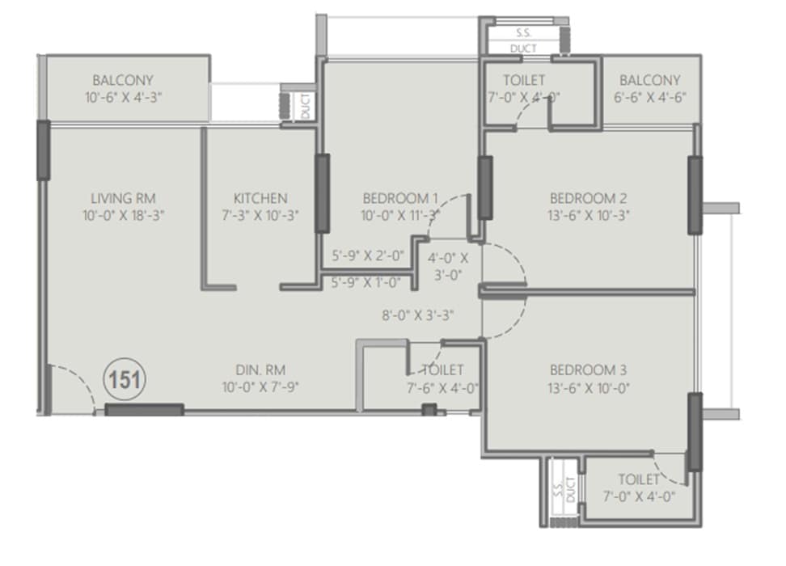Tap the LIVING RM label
(x=123, y=198)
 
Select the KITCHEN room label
(x=260, y=198)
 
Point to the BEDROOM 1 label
(x=400, y=198)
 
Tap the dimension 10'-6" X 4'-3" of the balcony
(x=123, y=98)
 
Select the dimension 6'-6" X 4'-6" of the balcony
(x=650, y=98)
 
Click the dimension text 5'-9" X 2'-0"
(x=368, y=256)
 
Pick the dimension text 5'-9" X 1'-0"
(x=368, y=282)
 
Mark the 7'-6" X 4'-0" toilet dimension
(x=443, y=387)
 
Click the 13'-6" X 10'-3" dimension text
(x=589, y=215)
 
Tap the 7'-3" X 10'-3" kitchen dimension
(x=260, y=215)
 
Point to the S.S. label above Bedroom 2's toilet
(x=524, y=34)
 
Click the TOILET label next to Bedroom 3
(x=639, y=479)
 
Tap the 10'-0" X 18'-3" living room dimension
(x=123, y=215)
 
